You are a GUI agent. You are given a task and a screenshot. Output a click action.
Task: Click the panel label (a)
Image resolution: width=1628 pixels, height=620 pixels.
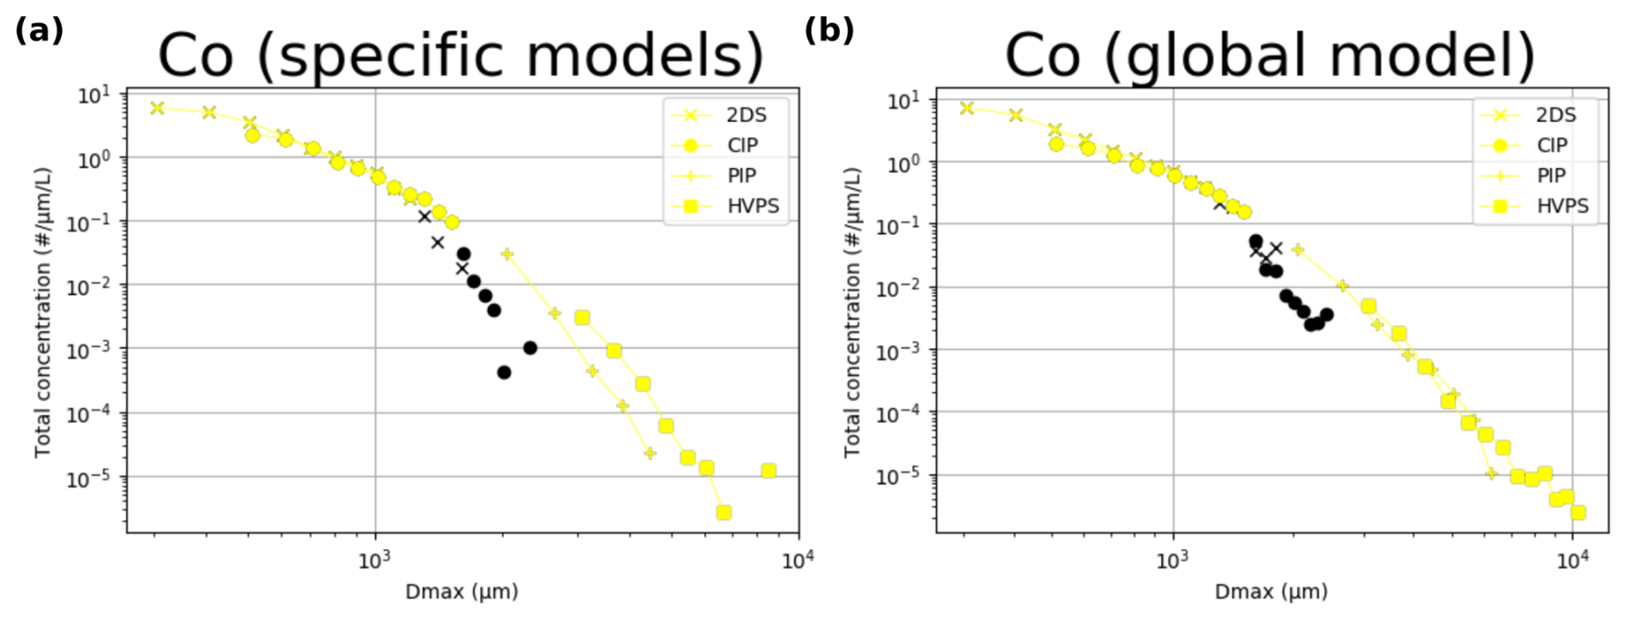point(39,31)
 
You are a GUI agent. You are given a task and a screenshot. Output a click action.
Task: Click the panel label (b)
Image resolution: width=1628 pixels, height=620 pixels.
point(829,31)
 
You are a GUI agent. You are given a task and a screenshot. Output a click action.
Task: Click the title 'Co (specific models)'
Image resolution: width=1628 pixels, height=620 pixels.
point(460,55)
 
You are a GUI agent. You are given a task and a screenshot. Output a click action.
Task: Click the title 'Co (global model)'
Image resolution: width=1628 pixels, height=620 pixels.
point(1270,55)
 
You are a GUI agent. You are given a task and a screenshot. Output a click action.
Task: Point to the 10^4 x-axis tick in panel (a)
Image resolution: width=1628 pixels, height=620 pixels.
point(798,562)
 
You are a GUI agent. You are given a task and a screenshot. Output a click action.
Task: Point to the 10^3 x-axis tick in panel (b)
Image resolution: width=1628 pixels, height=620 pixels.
point(1173,562)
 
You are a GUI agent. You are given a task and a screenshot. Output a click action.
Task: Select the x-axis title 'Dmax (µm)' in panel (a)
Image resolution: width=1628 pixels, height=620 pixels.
point(461,592)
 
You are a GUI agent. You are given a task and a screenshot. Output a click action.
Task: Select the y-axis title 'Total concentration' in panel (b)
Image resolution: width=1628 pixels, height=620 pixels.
point(852,312)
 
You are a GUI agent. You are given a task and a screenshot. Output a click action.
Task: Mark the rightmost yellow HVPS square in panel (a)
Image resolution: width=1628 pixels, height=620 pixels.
point(768,471)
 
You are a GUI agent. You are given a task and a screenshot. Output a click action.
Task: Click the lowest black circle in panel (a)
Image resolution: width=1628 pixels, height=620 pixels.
point(504,372)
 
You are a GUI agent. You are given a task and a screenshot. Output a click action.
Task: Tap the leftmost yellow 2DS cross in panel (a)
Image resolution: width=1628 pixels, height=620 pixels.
point(157,108)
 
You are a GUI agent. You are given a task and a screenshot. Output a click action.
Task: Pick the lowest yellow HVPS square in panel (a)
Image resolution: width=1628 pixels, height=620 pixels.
point(724,513)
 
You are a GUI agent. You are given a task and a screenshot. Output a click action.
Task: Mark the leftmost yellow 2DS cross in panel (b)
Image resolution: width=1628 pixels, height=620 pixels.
point(967,108)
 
